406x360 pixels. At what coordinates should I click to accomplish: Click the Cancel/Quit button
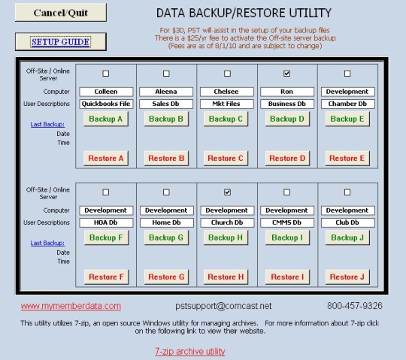[x=61, y=13]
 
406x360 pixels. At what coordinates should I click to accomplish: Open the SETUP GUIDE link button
[x=61, y=41]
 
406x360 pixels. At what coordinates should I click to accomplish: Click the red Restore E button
[x=347, y=158]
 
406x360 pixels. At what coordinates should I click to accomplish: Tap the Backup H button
[x=226, y=237]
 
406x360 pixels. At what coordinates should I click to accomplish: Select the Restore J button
[x=347, y=277]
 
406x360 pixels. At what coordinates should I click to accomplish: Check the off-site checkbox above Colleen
[x=106, y=74]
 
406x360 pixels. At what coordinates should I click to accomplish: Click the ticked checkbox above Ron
[x=286, y=74]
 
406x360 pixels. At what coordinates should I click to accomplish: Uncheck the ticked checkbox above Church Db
[x=227, y=192]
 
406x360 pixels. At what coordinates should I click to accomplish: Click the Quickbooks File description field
[x=106, y=104]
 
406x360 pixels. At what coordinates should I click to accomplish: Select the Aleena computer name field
[x=166, y=92]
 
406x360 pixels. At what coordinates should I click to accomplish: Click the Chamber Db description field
[x=348, y=104]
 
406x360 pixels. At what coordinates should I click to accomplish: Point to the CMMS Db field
[x=287, y=222]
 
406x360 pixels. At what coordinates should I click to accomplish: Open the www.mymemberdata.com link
[x=71, y=306]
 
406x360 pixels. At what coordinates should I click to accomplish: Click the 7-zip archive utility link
[x=190, y=351]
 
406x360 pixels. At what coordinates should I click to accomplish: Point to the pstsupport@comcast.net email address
[x=223, y=306]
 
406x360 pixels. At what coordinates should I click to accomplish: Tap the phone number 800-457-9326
[x=355, y=306]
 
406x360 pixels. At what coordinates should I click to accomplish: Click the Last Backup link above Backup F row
[x=47, y=243]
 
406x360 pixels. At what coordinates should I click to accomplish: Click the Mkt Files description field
[x=226, y=104]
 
